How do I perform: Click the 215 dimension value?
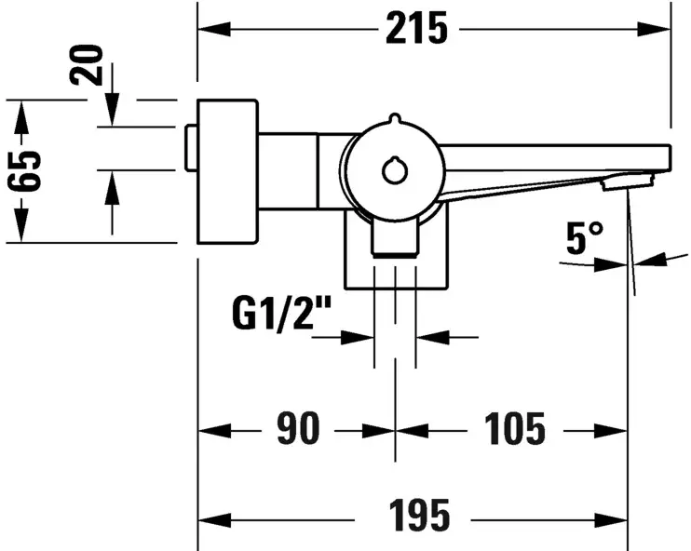point(416,30)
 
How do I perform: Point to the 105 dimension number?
point(514,430)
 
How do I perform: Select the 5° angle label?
point(585,240)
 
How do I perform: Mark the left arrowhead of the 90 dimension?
point(209,430)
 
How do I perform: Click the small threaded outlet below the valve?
point(394,238)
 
